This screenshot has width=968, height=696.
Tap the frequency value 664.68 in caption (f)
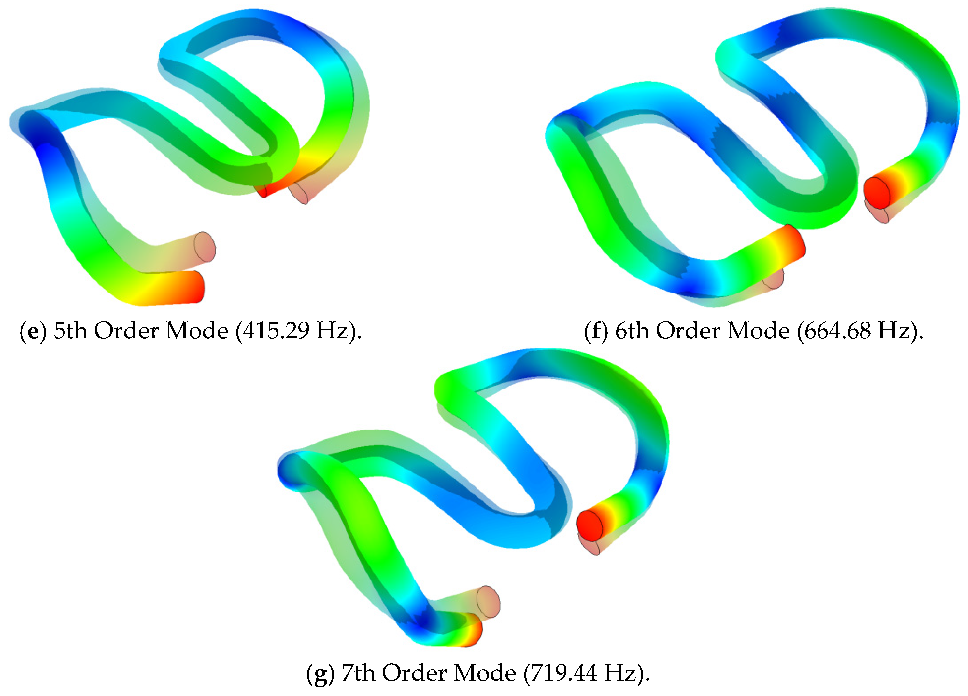pos(837,331)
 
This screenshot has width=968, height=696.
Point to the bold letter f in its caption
pos(596,331)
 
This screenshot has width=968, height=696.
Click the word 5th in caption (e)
pos(70,331)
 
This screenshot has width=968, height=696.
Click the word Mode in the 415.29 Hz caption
pos(197,331)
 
